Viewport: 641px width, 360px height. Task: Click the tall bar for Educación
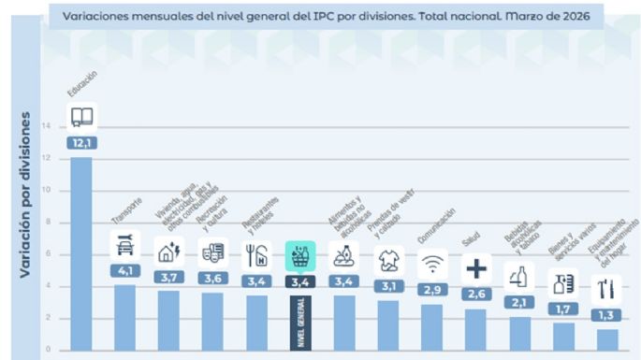tap(81, 252)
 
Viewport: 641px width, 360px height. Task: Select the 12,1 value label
tap(81, 143)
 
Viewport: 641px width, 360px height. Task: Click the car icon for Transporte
tap(125, 247)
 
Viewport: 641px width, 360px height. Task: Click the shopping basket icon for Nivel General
tap(300, 254)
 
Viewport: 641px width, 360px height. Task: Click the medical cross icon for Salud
tap(476, 269)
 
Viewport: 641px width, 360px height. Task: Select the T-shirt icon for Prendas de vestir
tap(388, 260)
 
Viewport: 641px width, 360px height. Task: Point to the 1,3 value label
tap(606, 315)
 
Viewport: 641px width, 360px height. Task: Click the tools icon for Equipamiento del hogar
tap(606, 287)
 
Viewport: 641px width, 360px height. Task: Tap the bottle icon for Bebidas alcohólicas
tap(519, 276)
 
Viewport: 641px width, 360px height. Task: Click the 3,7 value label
tap(169, 278)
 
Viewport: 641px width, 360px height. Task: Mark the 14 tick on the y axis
tap(47, 126)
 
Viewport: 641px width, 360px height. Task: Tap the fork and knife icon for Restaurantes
tap(256, 254)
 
